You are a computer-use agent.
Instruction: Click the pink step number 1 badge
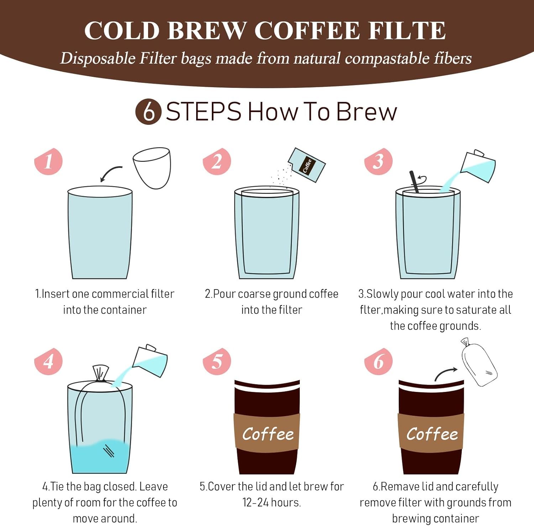[48, 161]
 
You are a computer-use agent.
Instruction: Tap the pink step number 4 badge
[48, 361]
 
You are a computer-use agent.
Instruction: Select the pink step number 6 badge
[378, 361]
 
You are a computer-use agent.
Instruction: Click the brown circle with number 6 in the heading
[148, 112]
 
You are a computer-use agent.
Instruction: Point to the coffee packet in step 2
[307, 165]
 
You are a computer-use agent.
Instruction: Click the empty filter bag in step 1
[152, 168]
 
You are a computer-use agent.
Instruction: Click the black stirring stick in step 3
[414, 182]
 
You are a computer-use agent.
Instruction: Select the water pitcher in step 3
[478, 166]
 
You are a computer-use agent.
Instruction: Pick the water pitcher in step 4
[150, 361]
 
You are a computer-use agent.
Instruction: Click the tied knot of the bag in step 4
[100, 373]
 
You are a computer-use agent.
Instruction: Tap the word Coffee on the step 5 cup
[268, 434]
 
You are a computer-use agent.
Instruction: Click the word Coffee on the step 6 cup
[432, 434]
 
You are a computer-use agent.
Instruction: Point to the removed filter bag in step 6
[479, 362]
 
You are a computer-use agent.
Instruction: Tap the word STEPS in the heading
[204, 112]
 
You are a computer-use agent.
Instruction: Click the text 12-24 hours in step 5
[272, 503]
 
